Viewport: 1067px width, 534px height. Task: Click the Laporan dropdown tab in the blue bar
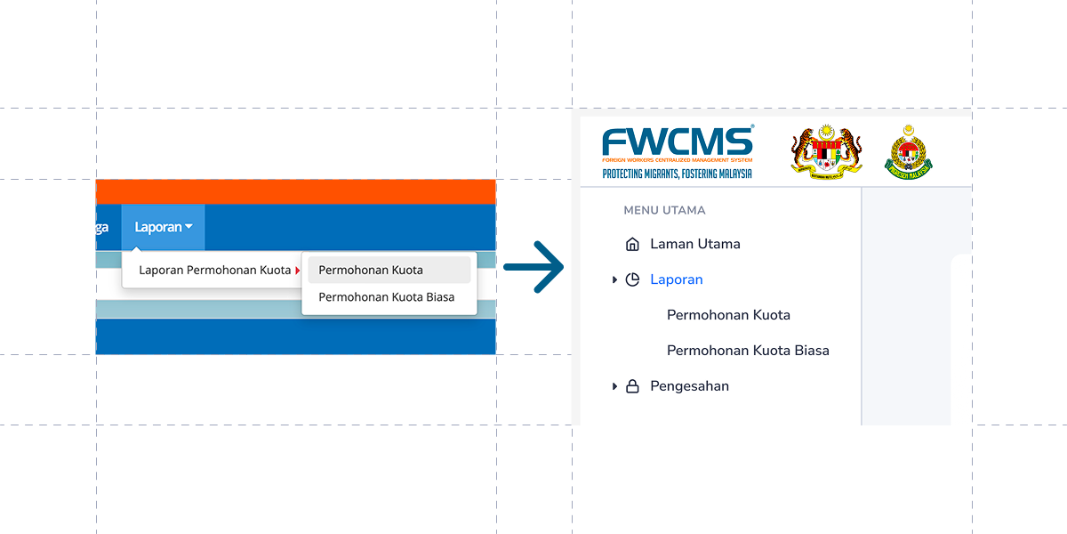[x=164, y=227]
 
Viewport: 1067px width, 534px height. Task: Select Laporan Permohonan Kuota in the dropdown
[x=214, y=271]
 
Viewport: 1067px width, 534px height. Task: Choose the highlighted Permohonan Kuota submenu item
[x=371, y=271]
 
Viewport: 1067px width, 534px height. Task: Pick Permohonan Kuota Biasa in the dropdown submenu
[x=386, y=297]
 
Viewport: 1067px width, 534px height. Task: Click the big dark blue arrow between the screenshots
[x=534, y=266]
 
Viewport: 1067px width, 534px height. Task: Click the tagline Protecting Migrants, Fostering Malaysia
[x=677, y=174]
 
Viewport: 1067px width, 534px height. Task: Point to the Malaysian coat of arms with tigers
[x=826, y=153]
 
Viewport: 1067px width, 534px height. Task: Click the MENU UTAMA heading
[x=664, y=211]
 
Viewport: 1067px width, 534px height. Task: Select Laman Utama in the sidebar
[x=694, y=244]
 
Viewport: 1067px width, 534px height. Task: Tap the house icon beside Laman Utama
[x=632, y=244]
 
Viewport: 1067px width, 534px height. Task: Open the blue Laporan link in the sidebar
[x=676, y=279]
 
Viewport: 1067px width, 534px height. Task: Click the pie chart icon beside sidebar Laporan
[x=632, y=279]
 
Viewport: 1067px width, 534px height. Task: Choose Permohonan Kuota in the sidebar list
[x=728, y=315]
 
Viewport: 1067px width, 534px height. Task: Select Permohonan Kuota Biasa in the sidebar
[x=748, y=351]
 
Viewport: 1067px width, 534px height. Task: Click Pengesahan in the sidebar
[x=689, y=386]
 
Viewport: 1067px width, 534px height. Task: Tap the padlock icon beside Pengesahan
[x=632, y=386]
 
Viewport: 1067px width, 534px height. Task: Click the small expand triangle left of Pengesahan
[x=614, y=386]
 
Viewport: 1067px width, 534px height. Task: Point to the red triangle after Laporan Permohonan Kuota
[x=297, y=271]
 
